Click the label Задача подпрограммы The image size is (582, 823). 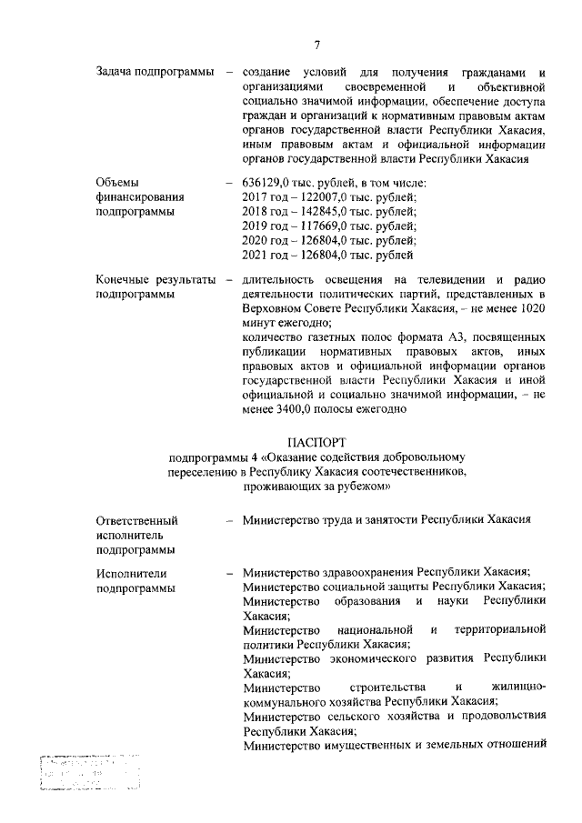pos(155,72)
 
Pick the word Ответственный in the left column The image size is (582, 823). pos(136,521)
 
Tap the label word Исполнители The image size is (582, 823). pos(132,573)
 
